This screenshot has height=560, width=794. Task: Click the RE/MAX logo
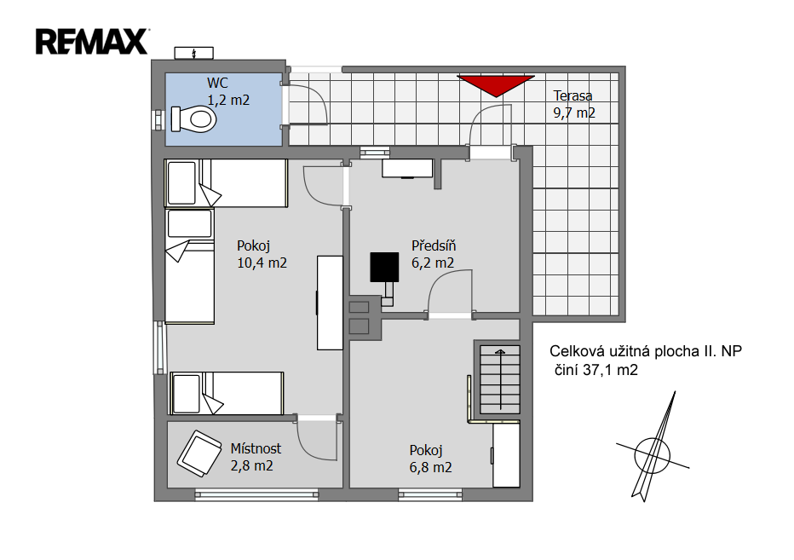point(92,42)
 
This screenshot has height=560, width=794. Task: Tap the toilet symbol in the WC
point(193,119)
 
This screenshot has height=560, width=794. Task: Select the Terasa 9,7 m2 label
point(573,104)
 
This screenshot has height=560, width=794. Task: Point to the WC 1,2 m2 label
point(228,91)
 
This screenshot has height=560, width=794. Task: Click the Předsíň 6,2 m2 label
point(434,254)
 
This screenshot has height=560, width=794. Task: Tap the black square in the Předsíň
point(384,267)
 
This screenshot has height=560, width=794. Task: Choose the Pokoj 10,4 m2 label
point(262,254)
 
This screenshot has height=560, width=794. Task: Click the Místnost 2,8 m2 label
point(256,457)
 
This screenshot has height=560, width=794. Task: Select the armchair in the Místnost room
point(199,453)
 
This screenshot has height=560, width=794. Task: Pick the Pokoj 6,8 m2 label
point(430,459)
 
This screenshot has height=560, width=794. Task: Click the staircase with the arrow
point(500,379)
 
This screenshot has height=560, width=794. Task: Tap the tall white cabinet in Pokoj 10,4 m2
point(331,303)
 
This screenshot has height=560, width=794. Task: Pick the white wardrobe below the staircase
point(506,455)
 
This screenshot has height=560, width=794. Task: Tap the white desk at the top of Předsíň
point(407,168)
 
